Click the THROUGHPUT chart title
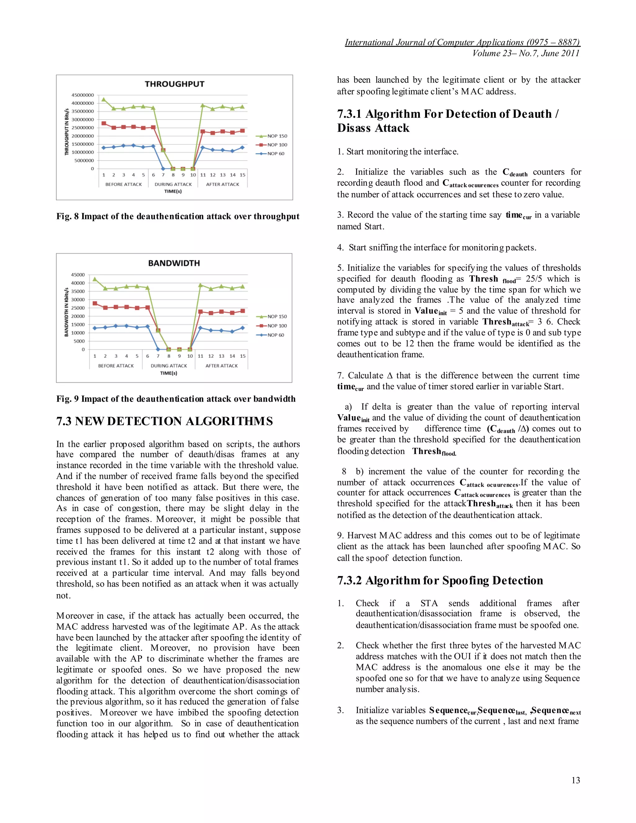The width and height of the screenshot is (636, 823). pyautogui.click(x=175, y=84)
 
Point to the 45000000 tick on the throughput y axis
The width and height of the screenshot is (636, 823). pyautogui.click(x=83, y=95)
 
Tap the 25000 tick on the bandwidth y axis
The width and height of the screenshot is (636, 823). pyautogui.click(x=78, y=308)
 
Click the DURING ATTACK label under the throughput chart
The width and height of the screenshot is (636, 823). pyautogui.click(x=173, y=184)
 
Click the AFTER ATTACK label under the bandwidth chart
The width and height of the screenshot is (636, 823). pyautogui.click(x=221, y=366)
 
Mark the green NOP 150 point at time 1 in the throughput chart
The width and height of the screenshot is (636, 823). pyautogui.click(x=104, y=99)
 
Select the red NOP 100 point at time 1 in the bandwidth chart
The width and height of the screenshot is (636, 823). pyautogui.click(x=95, y=303)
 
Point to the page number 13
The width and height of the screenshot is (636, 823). pyautogui.click(x=575, y=780)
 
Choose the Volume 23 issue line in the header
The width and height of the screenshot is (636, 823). pyautogui.click(x=526, y=53)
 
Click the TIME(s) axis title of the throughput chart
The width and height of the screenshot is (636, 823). pyautogui.click(x=173, y=191)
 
